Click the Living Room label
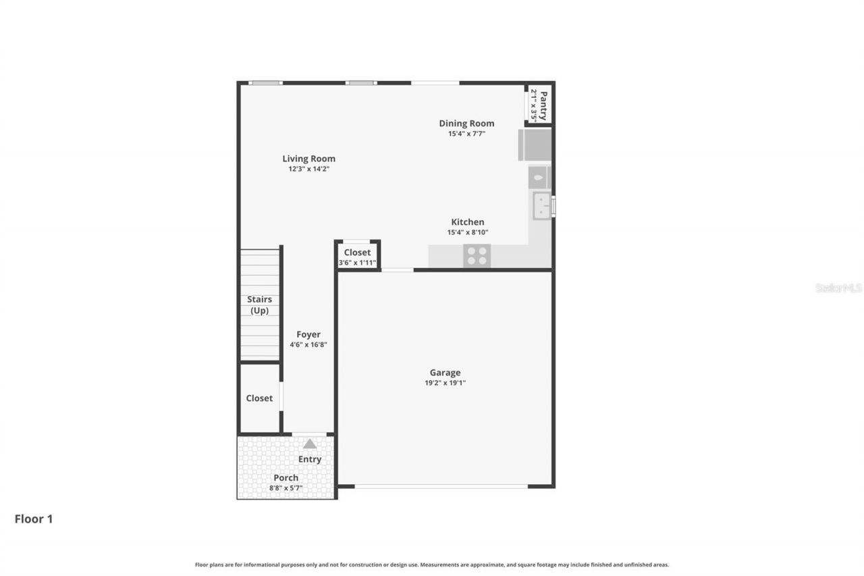point(308,159)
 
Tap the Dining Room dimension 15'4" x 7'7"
point(466,134)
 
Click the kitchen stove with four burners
point(477,255)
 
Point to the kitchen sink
point(541,205)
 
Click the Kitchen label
point(467,222)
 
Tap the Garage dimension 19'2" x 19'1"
point(445,383)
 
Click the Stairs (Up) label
point(259,305)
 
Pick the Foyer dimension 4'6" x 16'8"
point(308,344)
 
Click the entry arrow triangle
point(310,444)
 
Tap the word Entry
point(310,459)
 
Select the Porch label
point(286,477)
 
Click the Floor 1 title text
point(34,519)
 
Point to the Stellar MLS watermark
point(838,288)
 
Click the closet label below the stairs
point(259,398)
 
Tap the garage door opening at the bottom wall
point(441,486)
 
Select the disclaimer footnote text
point(432,565)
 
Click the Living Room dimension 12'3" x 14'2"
point(308,169)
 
